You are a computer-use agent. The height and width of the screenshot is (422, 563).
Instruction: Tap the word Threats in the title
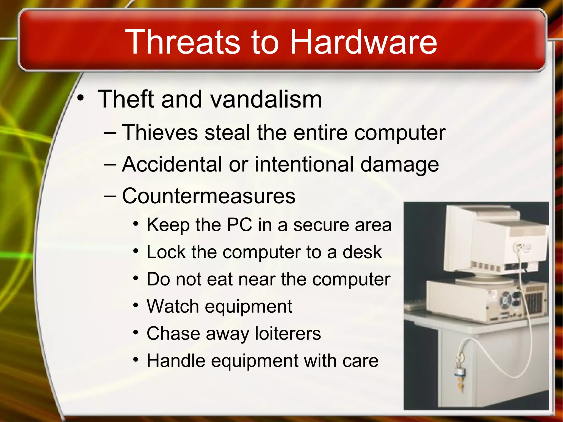tap(183, 42)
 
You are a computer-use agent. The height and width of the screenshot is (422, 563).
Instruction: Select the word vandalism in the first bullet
tap(266, 99)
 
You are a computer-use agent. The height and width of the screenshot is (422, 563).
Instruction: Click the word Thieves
tap(160, 133)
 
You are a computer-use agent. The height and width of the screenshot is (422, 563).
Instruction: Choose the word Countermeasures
tap(209, 196)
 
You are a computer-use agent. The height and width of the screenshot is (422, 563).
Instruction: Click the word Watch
tap(173, 306)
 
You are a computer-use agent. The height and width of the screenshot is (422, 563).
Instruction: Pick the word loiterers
tap(288, 333)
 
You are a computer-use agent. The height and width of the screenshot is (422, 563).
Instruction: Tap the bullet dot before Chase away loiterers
tap(136, 333)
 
